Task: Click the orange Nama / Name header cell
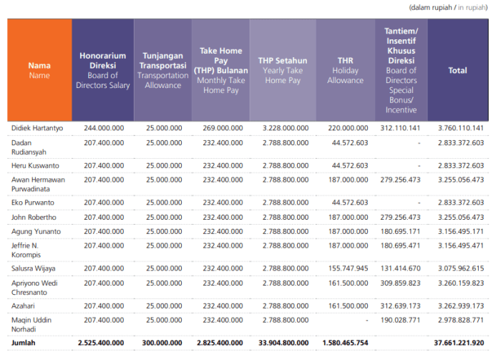pos(39,70)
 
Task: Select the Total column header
pos(458,70)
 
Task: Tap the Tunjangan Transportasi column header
pos(163,70)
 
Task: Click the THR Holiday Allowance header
pos(346,70)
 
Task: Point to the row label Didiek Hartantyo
pos(37,128)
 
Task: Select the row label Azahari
pos(23,306)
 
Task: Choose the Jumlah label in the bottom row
pos(24,343)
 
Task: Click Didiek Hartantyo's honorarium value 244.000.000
pos(104,128)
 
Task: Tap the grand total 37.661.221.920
pos(459,343)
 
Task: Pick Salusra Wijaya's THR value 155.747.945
pos(349,268)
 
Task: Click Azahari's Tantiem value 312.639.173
pos(400,306)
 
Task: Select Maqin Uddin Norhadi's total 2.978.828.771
pos(461,320)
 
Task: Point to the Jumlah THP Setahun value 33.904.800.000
pos(283,343)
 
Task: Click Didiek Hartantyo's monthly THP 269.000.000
pos(223,128)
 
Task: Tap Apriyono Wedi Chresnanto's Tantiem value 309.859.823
pos(400,283)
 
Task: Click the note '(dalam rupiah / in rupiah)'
pos(448,7)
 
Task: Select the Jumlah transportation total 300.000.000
pos(162,343)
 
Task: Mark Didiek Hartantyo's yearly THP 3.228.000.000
pos(286,128)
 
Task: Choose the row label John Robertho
pos(34,217)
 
